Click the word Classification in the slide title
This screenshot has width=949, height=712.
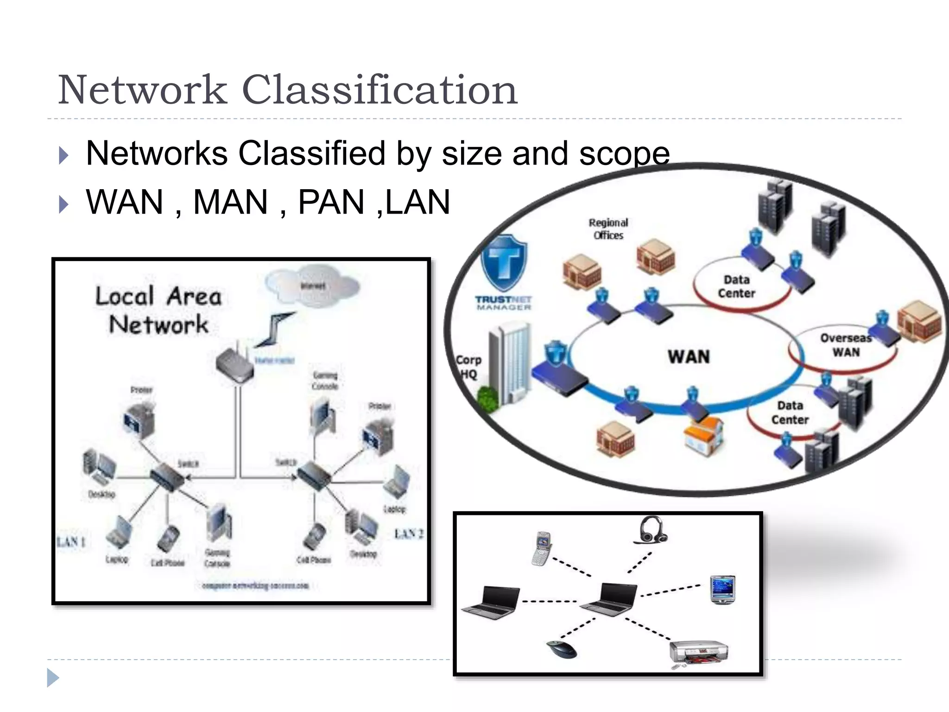tap(379, 90)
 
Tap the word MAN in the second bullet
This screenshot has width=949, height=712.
tap(230, 202)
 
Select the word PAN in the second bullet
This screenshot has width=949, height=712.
tap(331, 202)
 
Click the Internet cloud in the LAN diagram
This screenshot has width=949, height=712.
tap(312, 285)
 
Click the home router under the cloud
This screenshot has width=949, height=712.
tap(235, 364)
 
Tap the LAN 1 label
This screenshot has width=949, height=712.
tap(71, 541)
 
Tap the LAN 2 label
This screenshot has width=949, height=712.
tap(408, 534)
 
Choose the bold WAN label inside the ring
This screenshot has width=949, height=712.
tap(689, 357)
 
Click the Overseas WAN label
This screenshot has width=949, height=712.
tap(846, 345)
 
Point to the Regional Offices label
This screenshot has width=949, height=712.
tap(608, 229)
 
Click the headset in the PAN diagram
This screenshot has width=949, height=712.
tap(651, 530)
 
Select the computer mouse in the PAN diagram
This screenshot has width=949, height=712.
tap(562, 649)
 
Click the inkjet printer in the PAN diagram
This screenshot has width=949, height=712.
tap(698, 653)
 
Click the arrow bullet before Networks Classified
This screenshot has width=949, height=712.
tap(64, 155)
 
